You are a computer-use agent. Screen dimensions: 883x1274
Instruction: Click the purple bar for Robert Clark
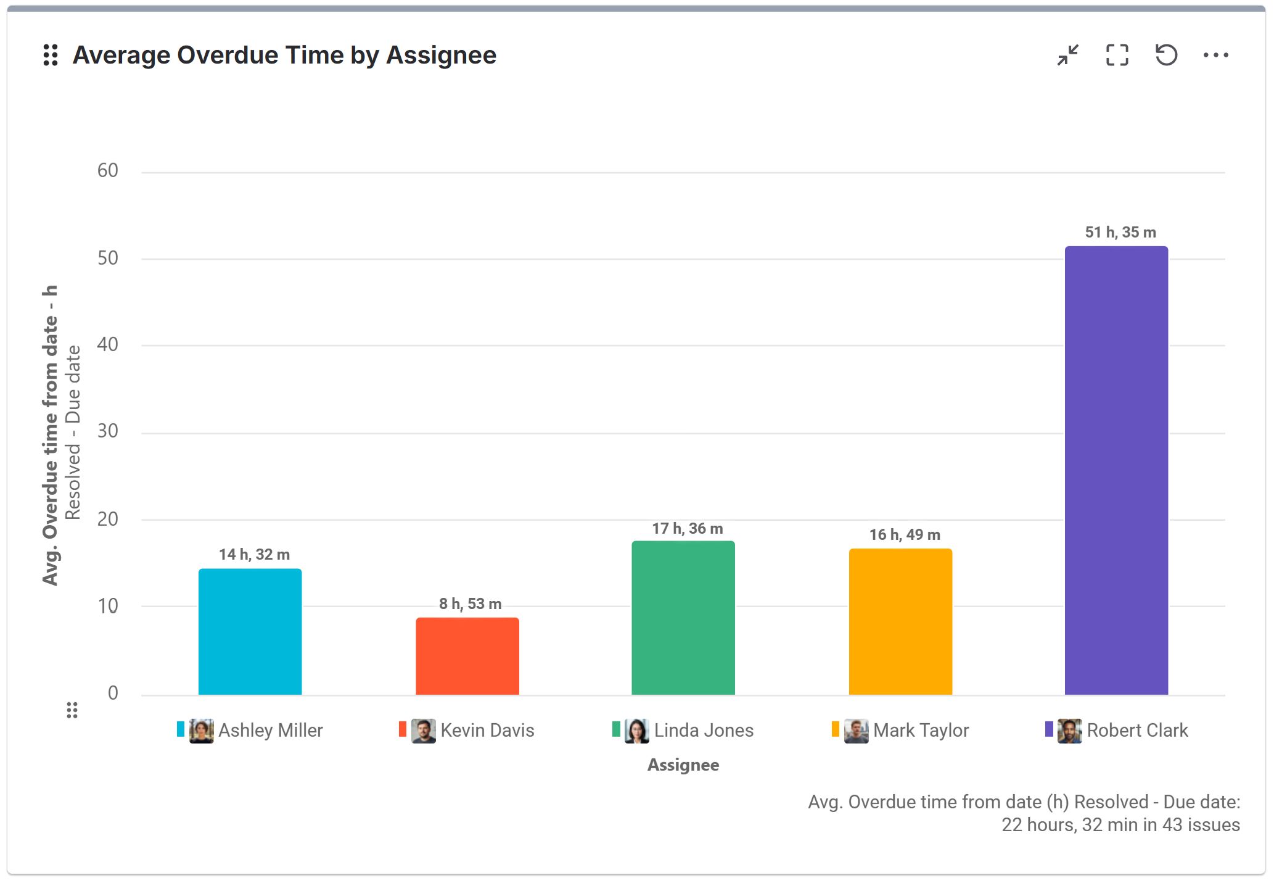point(1116,470)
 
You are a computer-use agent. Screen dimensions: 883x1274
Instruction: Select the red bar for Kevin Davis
point(467,656)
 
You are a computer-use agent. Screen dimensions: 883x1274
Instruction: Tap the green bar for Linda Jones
point(683,618)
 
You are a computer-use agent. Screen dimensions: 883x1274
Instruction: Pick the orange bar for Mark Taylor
point(900,621)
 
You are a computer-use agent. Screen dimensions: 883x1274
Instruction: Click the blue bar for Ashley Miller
point(250,631)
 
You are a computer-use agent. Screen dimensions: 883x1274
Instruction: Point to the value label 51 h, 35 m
point(1120,233)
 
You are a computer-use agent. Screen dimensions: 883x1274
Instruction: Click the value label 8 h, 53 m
point(471,604)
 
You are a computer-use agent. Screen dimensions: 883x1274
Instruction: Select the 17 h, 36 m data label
point(688,529)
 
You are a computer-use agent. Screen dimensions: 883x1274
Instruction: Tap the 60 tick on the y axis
point(108,171)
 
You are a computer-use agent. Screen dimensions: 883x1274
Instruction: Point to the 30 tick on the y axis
point(108,431)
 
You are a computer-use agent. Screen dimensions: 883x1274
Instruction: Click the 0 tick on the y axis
point(113,693)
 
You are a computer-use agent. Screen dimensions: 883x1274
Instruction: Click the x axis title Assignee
point(683,765)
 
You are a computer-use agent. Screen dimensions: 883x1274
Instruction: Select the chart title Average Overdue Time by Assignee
point(284,56)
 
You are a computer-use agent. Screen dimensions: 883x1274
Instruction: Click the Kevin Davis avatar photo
point(424,731)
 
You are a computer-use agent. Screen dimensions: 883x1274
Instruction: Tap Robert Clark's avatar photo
point(1069,731)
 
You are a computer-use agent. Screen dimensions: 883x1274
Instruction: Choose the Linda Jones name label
point(704,731)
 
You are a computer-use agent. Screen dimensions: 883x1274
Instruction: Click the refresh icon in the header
point(1166,56)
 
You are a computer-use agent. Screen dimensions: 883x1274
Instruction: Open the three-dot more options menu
point(1215,56)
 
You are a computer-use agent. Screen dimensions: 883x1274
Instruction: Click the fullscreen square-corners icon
point(1117,56)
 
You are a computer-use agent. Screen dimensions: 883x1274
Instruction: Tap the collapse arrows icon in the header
point(1068,56)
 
